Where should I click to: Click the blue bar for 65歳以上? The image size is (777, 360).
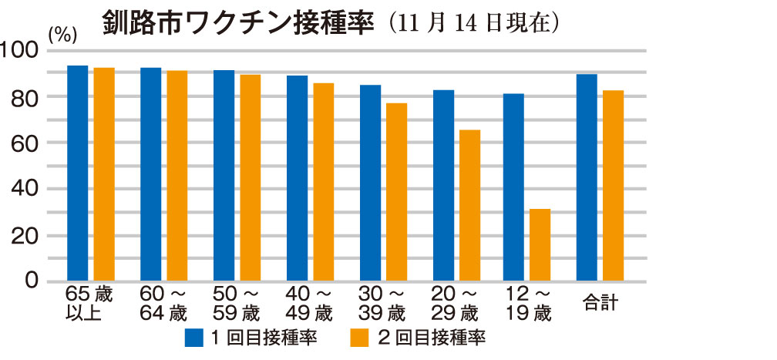coord(78,173)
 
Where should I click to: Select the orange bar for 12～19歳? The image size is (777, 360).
coord(540,245)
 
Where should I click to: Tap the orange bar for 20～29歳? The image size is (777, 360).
coord(469,205)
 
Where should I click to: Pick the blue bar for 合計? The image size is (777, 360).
coord(587,177)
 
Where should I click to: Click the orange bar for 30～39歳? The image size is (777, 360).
coord(396,192)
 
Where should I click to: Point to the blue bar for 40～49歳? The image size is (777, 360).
coord(297,178)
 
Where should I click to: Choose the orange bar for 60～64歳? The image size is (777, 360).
coord(177,176)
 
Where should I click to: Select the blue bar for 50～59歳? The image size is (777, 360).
coord(224,176)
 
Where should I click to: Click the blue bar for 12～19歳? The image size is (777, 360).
coord(513,187)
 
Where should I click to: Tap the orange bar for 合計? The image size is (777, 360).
coord(614,186)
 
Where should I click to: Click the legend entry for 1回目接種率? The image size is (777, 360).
coord(251,337)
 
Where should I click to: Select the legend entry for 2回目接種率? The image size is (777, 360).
coord(420,337)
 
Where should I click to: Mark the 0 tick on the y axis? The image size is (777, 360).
coord(31,281)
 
